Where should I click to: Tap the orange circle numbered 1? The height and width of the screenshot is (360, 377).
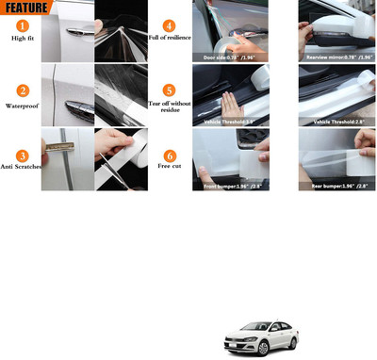20,25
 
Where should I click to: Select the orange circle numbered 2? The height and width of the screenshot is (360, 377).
20,91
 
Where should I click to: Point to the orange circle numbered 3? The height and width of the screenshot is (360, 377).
20,155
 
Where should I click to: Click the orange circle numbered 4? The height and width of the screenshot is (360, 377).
169,25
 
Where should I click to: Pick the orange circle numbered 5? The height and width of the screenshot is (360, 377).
169,91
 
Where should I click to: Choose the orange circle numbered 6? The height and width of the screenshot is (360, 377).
169,155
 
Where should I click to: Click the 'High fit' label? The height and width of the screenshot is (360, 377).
20,39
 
